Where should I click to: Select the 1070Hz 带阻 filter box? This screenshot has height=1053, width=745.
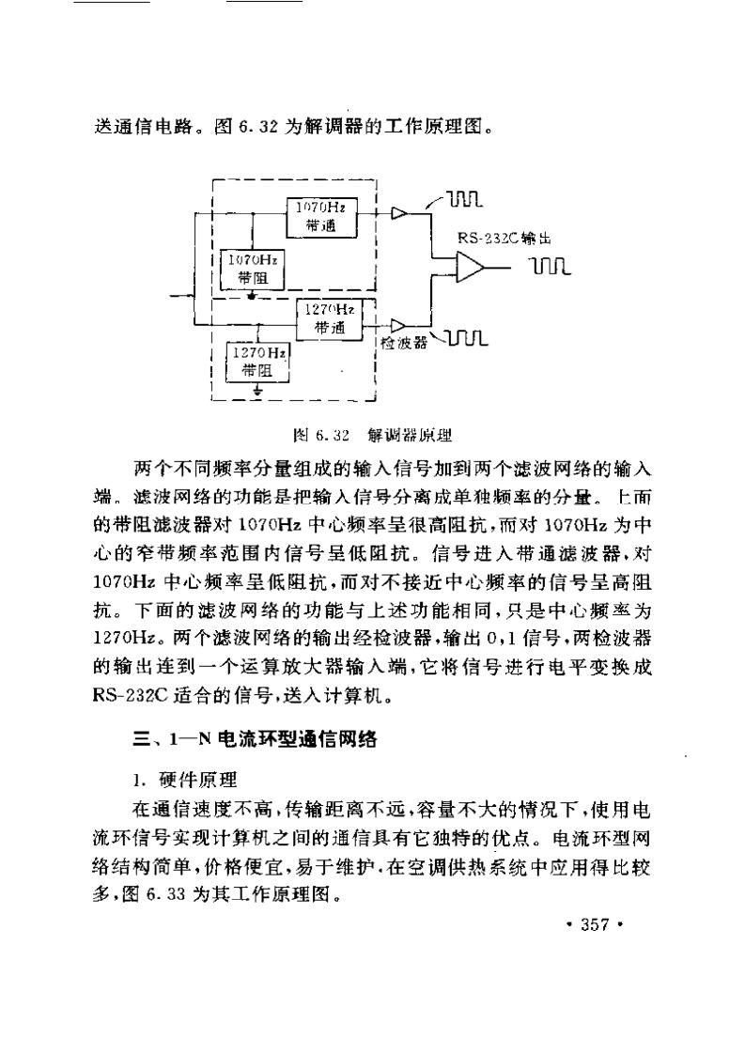pyautogui.click(x=253, y=269)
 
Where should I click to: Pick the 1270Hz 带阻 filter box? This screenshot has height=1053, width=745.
pyautogui.click(x=256, y=361)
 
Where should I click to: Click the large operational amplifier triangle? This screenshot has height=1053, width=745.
pyautogui.click(x=468, y=268)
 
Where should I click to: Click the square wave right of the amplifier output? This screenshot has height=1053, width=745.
pyautogui.click(x=551, y=269)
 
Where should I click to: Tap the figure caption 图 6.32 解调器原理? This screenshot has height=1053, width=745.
pyautogui.click(x=373, y=435)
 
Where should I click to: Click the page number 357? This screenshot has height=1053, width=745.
pyautogui.click(x=596, y=925)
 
